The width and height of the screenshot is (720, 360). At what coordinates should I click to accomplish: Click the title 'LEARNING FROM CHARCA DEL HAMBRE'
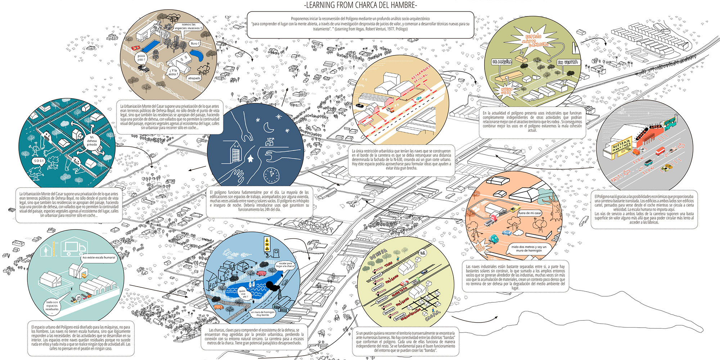(360, 5)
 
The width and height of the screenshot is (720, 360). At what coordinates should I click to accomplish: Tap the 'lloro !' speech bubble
(195, 44)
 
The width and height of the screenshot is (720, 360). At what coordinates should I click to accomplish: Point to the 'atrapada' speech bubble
(194, 78)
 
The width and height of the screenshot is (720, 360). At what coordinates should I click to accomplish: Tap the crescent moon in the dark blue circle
(269, 127)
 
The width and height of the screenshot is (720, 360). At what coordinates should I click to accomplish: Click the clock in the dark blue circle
(271, 175)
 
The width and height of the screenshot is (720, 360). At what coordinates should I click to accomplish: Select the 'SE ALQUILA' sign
(502, 62)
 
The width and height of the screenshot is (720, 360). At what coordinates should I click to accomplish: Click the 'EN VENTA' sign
(567, 62)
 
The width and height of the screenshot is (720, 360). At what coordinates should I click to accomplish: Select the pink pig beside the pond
(260, 274)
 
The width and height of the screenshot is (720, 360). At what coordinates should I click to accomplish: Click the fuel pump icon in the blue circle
(276, 252)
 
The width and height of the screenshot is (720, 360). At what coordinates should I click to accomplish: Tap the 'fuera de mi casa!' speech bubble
(530, 213)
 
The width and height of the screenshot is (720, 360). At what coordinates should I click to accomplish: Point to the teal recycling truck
(494, 238)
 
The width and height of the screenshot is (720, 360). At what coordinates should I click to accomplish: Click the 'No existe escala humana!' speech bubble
(99, 257)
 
